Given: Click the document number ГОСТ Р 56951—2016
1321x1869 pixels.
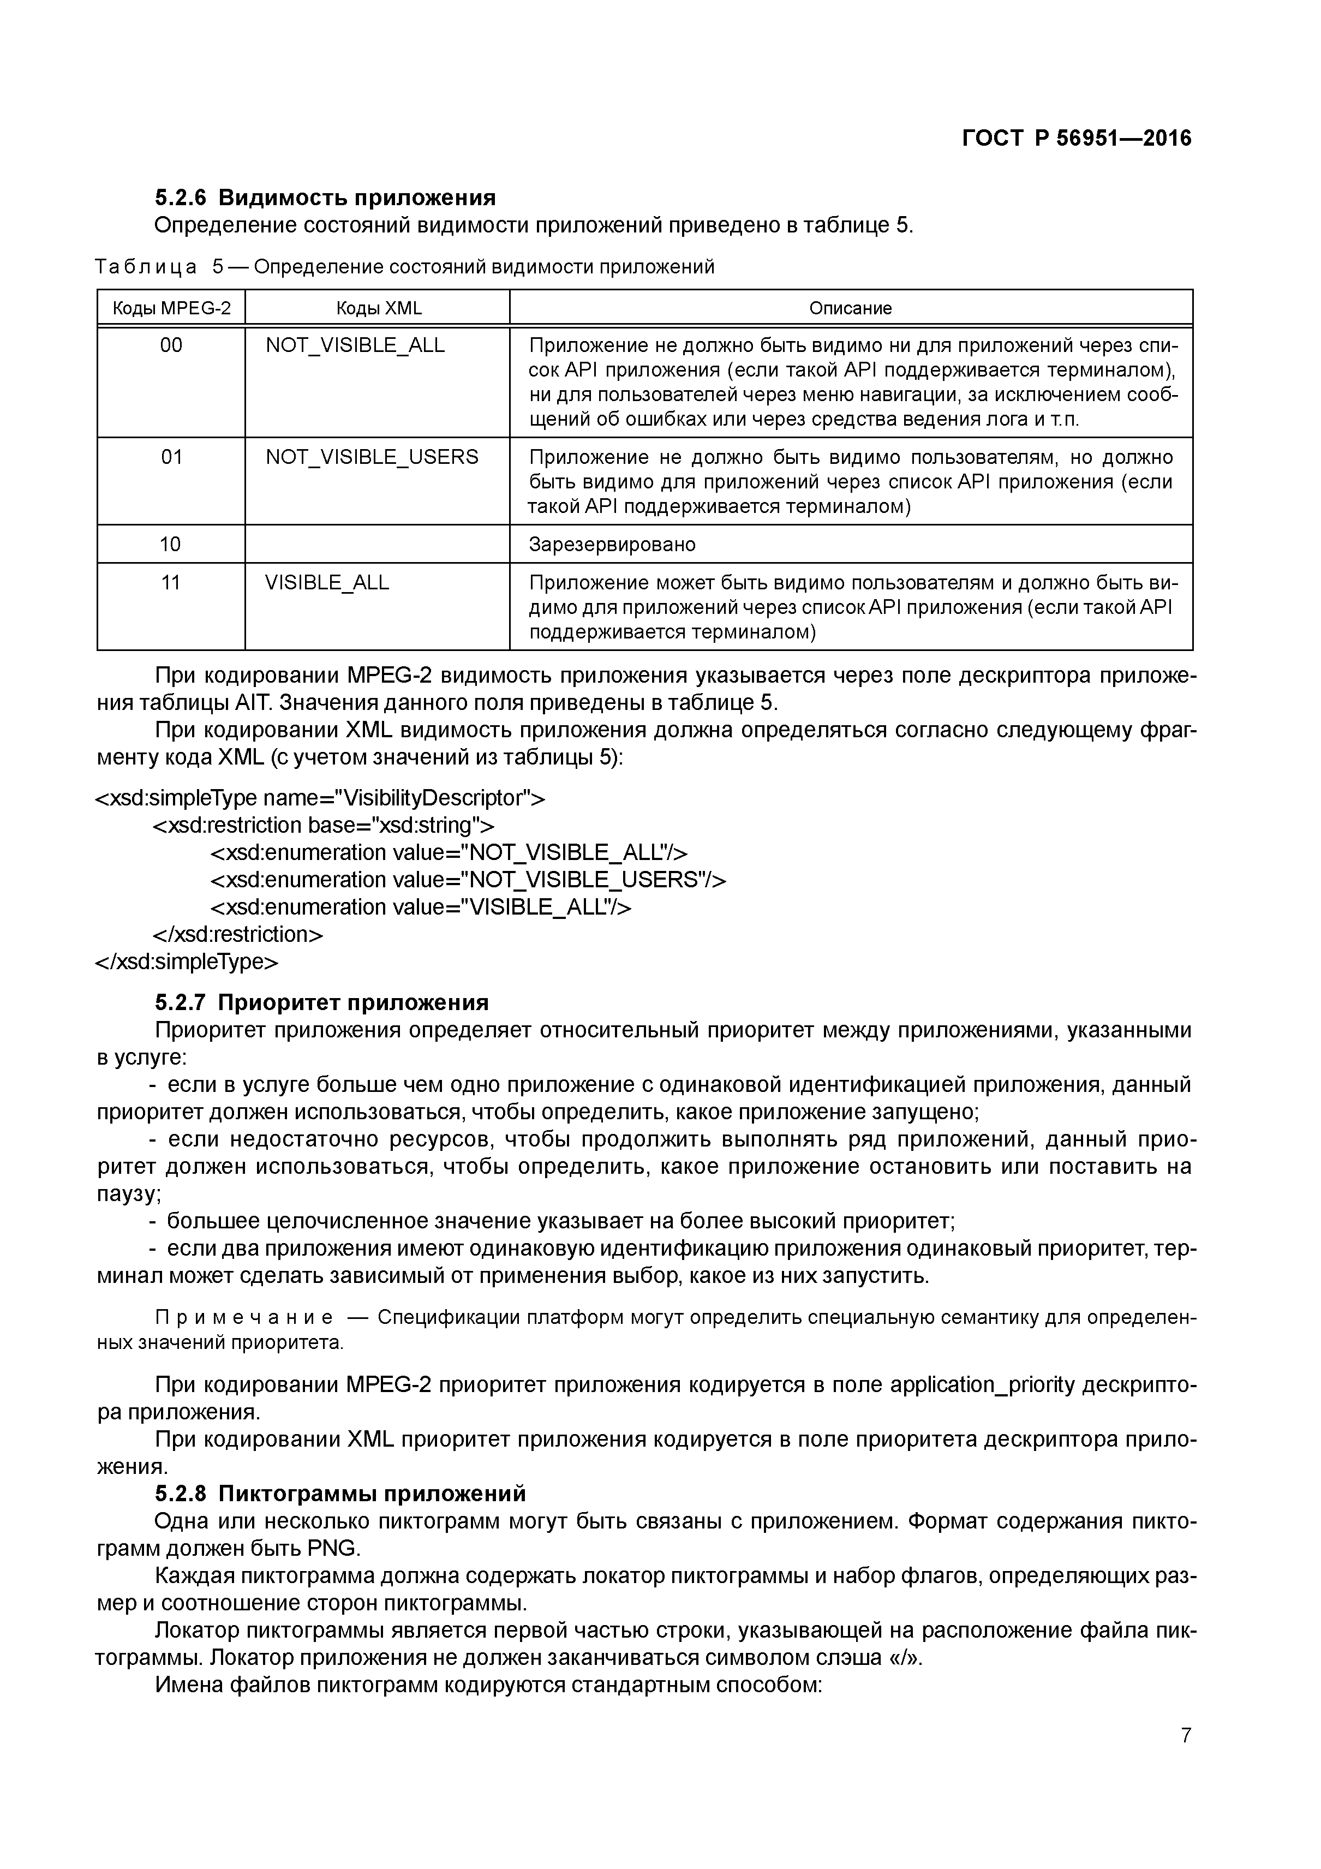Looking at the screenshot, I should click(1076, 139).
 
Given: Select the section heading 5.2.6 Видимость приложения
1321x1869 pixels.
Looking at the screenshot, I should click(325, 197).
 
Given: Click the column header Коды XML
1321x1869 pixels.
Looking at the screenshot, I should click(379, 308).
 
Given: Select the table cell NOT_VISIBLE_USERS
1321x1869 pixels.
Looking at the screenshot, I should click(372, 457).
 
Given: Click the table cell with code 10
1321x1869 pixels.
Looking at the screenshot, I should click(170, 544).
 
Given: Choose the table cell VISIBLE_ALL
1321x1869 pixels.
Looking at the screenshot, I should click(327, 582).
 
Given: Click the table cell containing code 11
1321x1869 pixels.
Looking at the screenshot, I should click(170, 582).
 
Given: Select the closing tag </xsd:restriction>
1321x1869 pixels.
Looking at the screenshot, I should click(238, 934).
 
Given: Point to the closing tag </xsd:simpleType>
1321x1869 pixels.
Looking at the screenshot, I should click(187, 962).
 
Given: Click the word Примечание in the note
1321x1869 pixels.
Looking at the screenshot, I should click(243, 1317).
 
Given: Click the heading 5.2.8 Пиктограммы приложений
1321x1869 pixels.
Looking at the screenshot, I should click(340, 1493).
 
